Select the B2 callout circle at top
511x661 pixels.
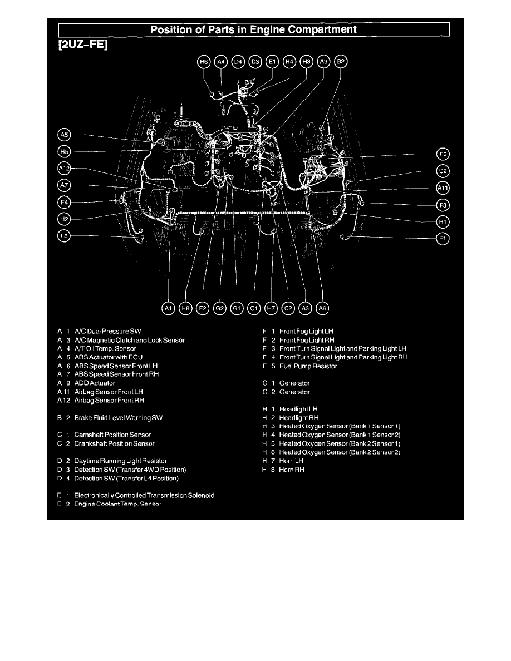coord(341,62)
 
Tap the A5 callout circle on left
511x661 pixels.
coord(64,134)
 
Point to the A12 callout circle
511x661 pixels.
coord(64,168)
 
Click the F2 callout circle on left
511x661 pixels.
coord(64,236)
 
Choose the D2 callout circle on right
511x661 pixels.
coord(443,171)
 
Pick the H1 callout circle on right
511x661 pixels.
coord(443,222)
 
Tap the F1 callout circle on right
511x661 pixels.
coord(443,239)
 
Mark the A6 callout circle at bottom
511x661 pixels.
coord(322,307)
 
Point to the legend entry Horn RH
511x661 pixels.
coord(292,470)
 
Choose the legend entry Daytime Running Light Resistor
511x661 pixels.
coord(120,461)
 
